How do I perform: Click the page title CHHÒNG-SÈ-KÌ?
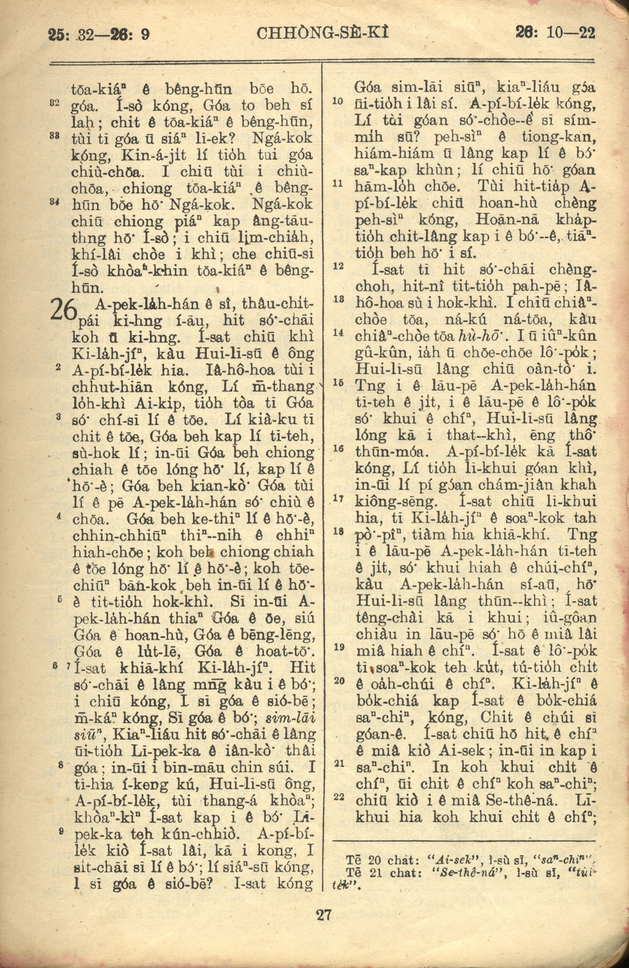(x=323, y=34)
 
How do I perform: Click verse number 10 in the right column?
(x=336, y=101)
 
